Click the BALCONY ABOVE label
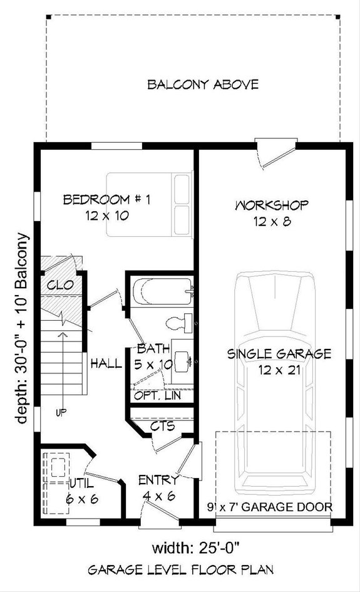[202, 84]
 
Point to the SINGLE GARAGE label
[279, 354]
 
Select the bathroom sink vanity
[183, 361]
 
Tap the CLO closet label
[60, 285]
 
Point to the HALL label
[106, 363]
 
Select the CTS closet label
[162, 427]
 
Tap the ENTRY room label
[158, 480]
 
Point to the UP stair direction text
[60, 412]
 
